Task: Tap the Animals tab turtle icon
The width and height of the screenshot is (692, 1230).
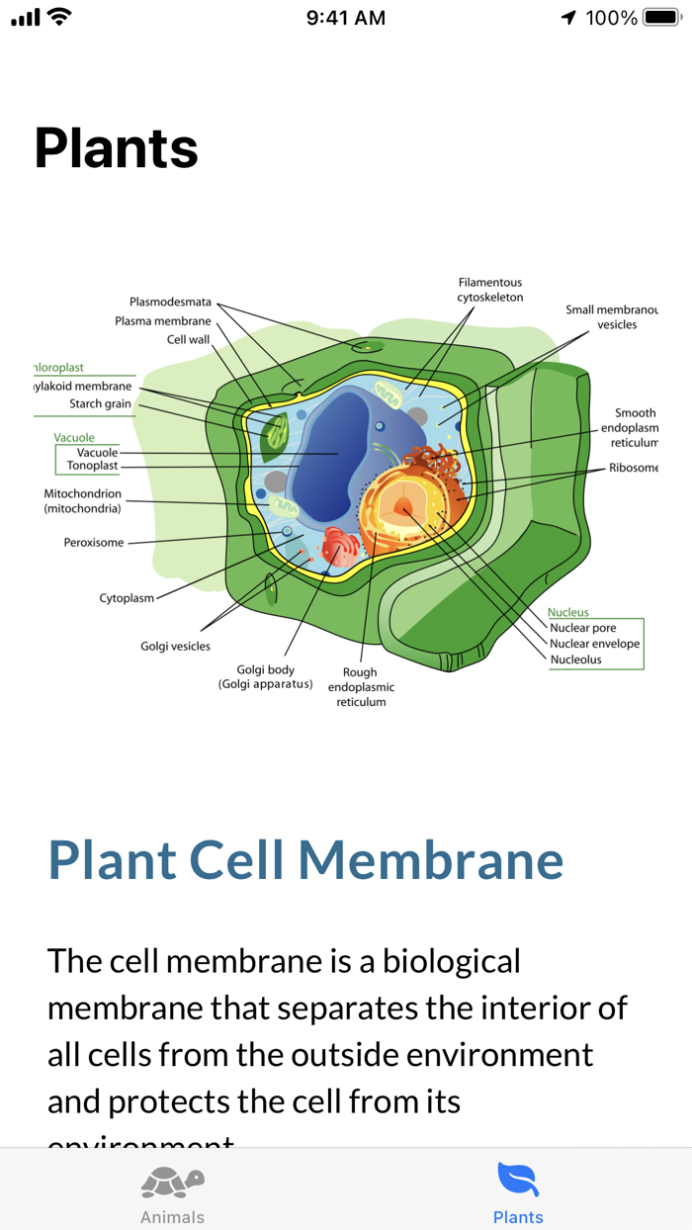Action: coord(172,1181)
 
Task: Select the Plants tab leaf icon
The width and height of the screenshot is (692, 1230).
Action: coord(518,1179)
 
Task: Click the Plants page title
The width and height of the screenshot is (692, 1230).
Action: coord(117,148)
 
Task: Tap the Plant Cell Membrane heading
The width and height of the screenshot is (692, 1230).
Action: coord(305,859)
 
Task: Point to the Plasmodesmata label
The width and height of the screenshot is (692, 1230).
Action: coord(170,302)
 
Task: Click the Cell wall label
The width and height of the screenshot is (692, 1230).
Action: coord(188,339)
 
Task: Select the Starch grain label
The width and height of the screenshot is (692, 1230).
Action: coord(100,403)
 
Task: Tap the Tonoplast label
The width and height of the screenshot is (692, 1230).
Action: coord(92,466)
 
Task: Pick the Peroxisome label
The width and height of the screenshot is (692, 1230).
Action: coord(94,543)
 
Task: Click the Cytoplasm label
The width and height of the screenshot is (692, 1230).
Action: coord(127,598)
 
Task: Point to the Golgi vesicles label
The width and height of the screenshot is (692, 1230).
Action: coord(175,646)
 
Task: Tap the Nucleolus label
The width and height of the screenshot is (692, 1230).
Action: coord(575,659)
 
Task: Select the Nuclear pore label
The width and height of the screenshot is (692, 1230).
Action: coord(582,628)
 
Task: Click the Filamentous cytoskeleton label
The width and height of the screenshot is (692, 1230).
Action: coord(489,290)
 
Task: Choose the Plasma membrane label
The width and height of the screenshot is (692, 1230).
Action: coord(163,320)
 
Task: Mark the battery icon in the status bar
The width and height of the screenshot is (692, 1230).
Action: coord(660,18)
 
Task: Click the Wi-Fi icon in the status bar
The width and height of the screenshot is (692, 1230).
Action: coord(59,17)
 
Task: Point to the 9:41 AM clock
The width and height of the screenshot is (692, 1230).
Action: coord(345,18)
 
